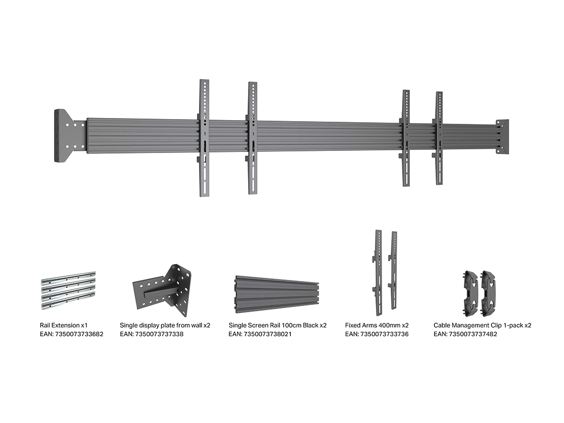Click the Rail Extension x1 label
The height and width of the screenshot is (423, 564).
click(64, 325)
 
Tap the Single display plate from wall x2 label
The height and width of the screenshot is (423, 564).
click(165, 325)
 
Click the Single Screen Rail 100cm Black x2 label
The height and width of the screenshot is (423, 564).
click(278, 325)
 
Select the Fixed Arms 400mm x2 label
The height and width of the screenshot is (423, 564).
click(377, 325)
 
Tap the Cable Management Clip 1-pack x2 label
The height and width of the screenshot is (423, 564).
click(483, 325)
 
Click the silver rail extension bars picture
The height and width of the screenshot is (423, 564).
click(68, 291)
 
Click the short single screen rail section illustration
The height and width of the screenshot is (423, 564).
click(277, 293)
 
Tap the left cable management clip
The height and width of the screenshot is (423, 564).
click(471, 290)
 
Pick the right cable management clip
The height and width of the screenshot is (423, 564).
click(489, 290)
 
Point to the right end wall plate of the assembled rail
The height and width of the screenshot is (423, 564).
click(502, 137)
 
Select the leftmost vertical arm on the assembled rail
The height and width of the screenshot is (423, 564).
click(204, 138)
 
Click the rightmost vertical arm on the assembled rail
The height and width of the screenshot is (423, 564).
click(439, 138)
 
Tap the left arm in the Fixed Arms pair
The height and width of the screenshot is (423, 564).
click(378, 273)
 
